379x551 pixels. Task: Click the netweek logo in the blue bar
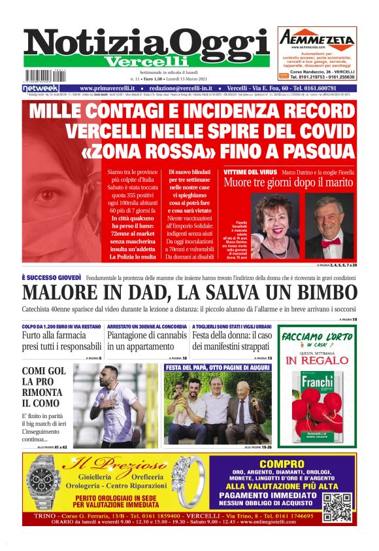[40, 88]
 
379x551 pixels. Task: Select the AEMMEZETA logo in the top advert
[316, 39]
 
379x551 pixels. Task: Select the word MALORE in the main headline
[61, 294]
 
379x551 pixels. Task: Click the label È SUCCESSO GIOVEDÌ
[52, 277]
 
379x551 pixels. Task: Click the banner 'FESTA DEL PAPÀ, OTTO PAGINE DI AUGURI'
[217, 367]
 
